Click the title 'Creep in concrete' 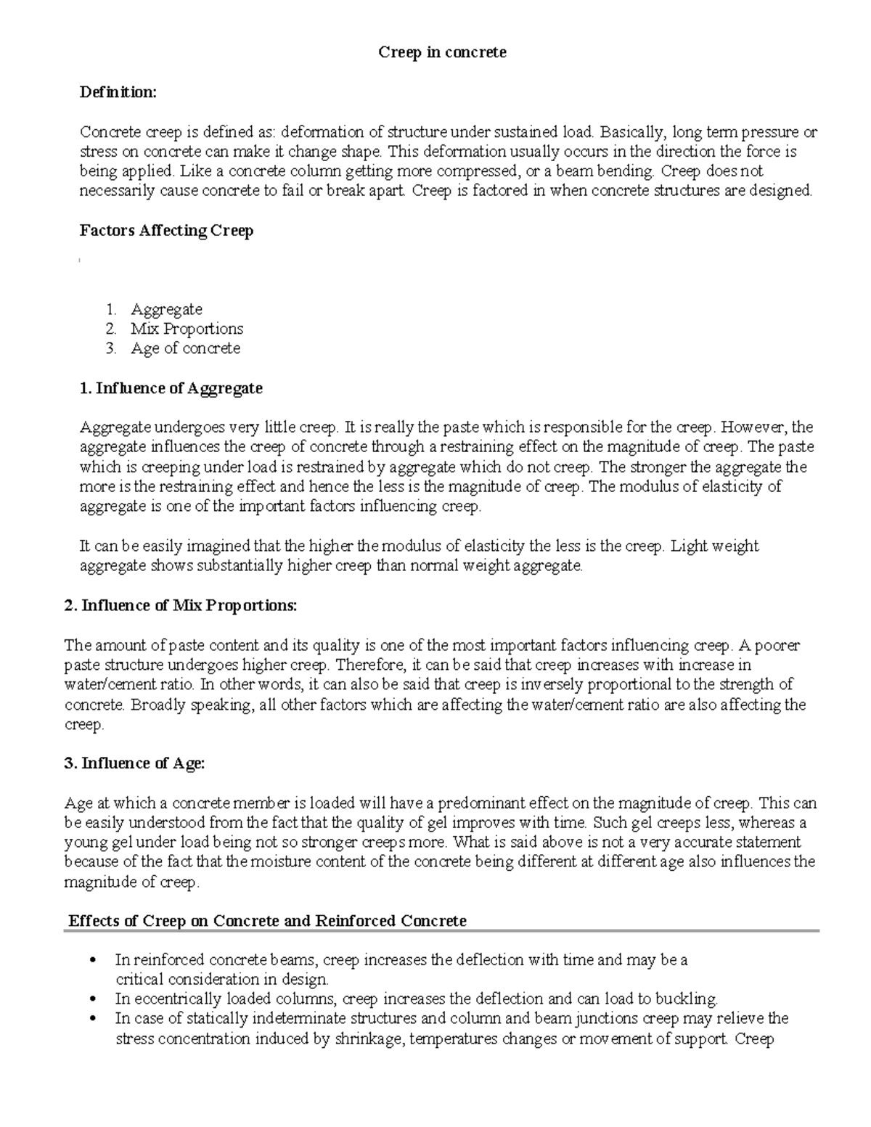442,52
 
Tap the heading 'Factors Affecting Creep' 166,231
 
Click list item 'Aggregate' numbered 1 166,309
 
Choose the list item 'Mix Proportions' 187,329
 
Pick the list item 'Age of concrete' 185,348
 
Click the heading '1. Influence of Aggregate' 171,388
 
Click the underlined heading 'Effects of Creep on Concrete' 267,921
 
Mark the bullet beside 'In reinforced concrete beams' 91,961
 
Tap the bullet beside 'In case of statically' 91,1019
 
